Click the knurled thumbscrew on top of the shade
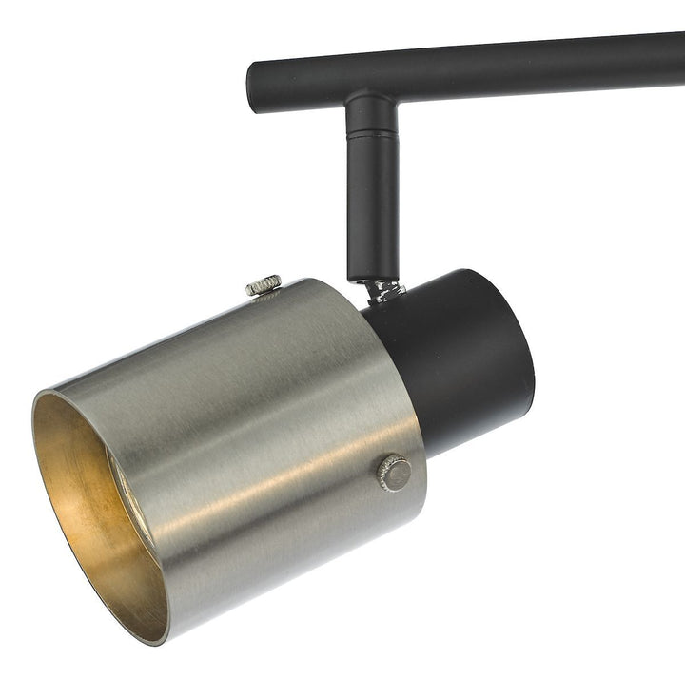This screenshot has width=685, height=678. point(264,284)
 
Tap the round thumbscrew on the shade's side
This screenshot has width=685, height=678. point(393,473)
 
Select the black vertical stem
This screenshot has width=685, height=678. point(372,209)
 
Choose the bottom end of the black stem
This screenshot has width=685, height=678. point(372,276)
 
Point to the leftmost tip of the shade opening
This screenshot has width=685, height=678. point(33,409)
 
